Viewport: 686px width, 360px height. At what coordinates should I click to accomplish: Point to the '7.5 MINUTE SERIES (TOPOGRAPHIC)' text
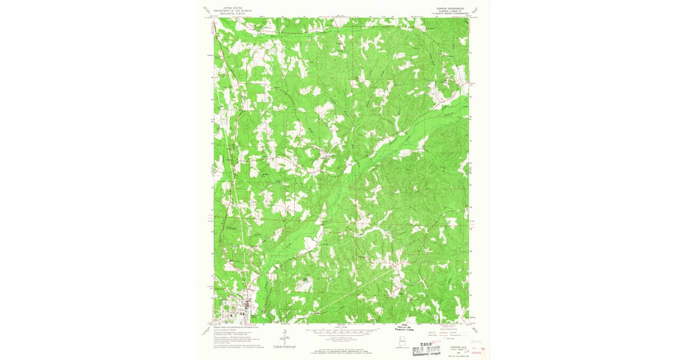point(447,14)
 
